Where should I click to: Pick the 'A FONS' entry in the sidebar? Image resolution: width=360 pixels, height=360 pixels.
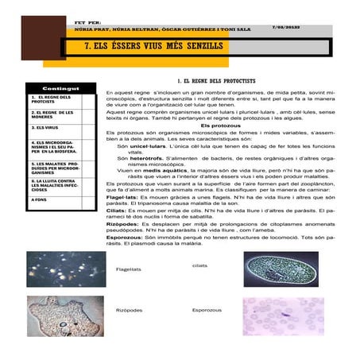pyautogui.click(x=40, y=199)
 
